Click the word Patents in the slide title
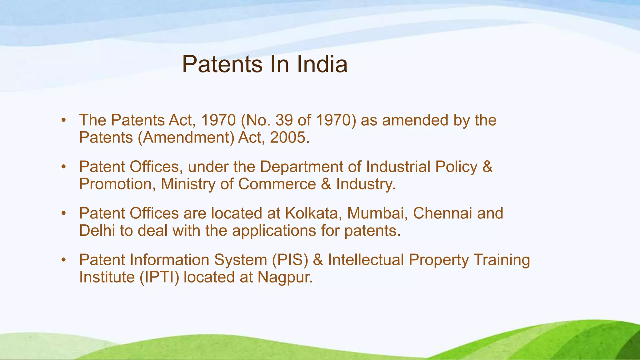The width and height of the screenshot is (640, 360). coord(222,64)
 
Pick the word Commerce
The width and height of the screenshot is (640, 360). coord(277,184)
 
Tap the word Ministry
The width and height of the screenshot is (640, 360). coord(188,184)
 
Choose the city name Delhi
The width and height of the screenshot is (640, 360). coord(97,231)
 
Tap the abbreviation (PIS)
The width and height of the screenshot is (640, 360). coord(290,260)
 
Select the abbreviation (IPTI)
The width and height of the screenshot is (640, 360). coord(159,277)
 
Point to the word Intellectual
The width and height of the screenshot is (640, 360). coord(366,260)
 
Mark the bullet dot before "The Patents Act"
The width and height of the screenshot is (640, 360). coord(64,120)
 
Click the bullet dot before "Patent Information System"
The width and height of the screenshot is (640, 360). coord(64,260)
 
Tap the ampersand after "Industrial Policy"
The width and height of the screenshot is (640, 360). coord(487,167)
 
